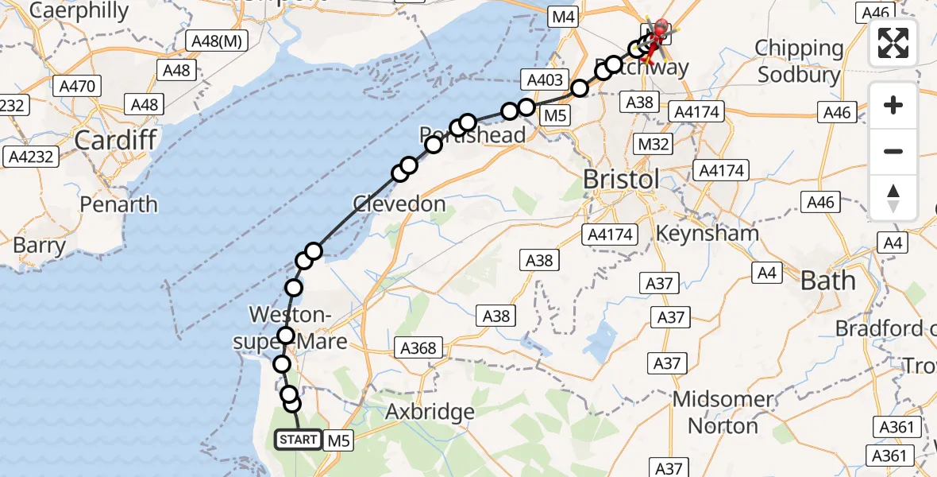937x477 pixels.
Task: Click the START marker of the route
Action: click(299, 440)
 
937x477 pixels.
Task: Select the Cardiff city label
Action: click(115, 141)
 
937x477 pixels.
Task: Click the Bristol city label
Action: click(621, 179)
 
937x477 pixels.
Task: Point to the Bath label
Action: click(828, 281)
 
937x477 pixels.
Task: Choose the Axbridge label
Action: click(430, 412)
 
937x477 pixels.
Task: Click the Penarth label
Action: click(118, 204)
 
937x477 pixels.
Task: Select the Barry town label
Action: click(39, 246)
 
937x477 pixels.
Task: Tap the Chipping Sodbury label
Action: click(798, 61)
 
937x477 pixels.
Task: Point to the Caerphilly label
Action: click(70, 11)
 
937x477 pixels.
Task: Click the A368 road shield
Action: click(418, 347)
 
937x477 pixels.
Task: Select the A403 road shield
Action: click(544, 79)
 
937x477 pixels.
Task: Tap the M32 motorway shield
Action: click(654, 144)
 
